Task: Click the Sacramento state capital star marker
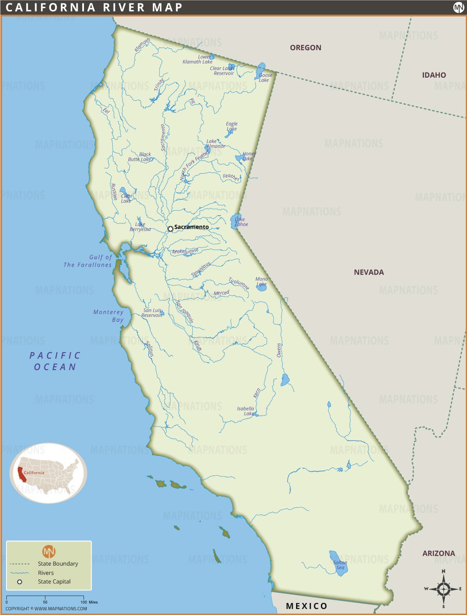coord(171,229)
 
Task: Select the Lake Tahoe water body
coord(236,221)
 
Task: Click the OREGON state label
coord(305,48)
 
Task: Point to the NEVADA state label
coord(368,272)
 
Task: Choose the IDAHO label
coord(434,75)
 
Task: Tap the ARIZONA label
coord(438,553)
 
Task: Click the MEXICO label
coord(306,606)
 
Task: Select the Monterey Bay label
coord(109,316)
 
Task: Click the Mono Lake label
coord(261,281)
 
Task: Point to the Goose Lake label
coord(265,78)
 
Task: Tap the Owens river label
coord(279,350)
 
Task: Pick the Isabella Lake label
coord(246,411)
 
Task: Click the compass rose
coord(443,589)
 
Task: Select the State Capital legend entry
coord(54,582)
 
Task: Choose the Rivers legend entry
coord(46,573)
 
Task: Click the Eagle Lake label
coord(231,126)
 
